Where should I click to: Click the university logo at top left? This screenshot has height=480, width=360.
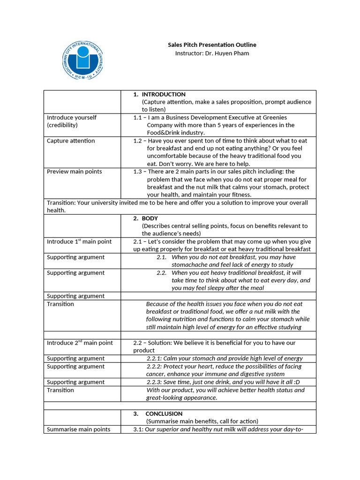pos(83,60)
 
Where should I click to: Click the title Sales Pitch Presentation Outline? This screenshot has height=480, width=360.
pos(212,45)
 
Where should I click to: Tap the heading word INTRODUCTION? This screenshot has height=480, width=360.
pos(164,94)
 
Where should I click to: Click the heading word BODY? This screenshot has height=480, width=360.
pos(150,218)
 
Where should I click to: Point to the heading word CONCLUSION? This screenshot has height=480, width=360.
pos(164,414)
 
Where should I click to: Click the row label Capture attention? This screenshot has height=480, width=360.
pos(71,141)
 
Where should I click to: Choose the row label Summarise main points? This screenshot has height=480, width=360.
pos(79,429)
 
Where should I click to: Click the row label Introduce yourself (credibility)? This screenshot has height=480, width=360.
pos(72,121)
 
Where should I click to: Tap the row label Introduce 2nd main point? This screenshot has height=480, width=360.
pos(80,343)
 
